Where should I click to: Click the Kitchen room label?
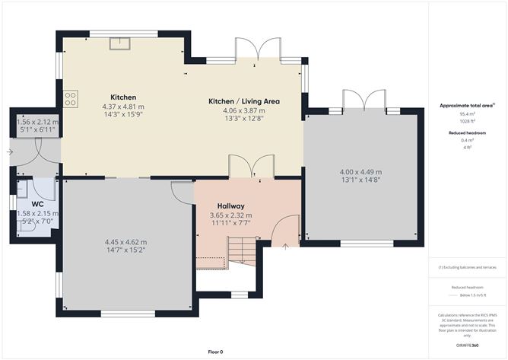coord(123,97)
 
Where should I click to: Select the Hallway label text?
coord(230,206)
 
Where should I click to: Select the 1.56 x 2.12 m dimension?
coord(37,123)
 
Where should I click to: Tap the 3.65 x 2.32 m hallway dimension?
coord(230,216)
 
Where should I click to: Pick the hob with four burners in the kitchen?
coord(71,98)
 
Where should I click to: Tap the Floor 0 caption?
coord(217,352)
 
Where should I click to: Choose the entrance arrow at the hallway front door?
coord(285,245)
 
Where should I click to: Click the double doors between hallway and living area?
coord(252,167)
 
